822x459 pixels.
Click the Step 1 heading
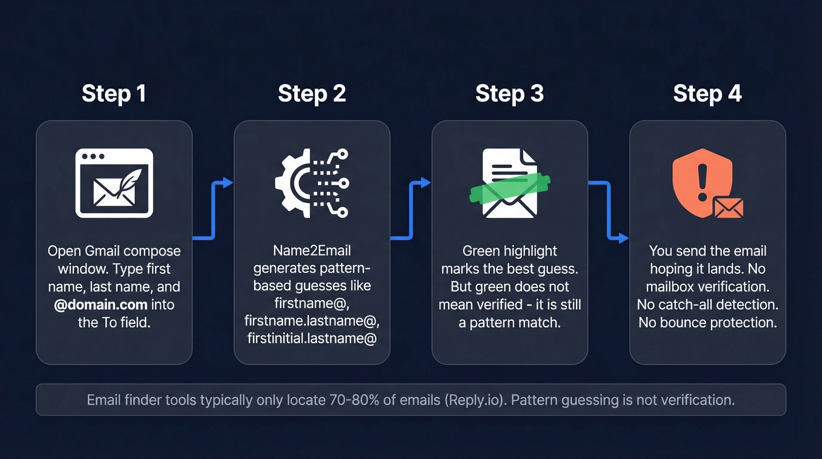[114, 93]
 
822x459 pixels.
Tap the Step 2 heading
[312, 93]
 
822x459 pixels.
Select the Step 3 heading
[509, 93]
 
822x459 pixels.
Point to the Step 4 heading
[707, 93]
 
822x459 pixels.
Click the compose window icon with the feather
[114, 183]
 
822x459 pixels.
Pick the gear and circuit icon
[312, 183]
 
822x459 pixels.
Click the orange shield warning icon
[702, 179]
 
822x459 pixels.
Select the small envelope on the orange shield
[728, 207]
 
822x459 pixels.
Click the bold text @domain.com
[99, 305]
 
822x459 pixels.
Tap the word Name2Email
[312, 251]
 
